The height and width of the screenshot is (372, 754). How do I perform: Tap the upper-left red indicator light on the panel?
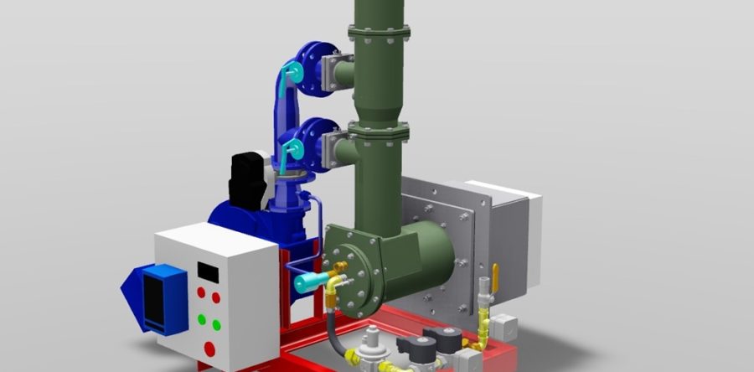pos(201,292)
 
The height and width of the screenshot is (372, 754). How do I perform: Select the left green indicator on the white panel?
pos(201,319)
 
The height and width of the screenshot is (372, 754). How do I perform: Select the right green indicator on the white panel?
pos(216,324)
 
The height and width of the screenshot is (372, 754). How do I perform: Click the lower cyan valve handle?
pos(291,151)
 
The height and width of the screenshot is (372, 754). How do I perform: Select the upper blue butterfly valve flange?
pos(313,65)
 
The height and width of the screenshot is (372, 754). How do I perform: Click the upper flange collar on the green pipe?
pos(379,33)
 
